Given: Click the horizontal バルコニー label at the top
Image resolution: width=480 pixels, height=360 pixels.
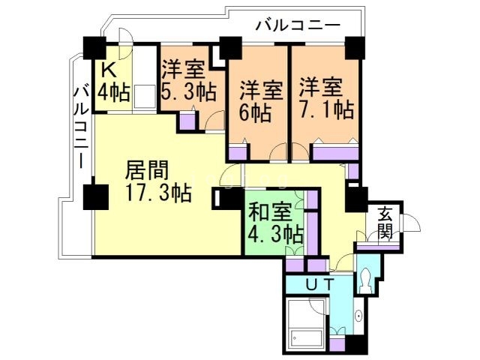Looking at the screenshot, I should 297,25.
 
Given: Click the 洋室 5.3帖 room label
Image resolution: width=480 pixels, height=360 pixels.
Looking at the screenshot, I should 188,82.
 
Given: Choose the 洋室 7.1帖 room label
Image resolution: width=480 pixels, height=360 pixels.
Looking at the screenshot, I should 325,97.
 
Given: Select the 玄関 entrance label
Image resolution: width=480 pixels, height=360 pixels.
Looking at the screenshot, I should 384,222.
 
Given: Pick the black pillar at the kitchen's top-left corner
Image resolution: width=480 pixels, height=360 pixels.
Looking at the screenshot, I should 94,47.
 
